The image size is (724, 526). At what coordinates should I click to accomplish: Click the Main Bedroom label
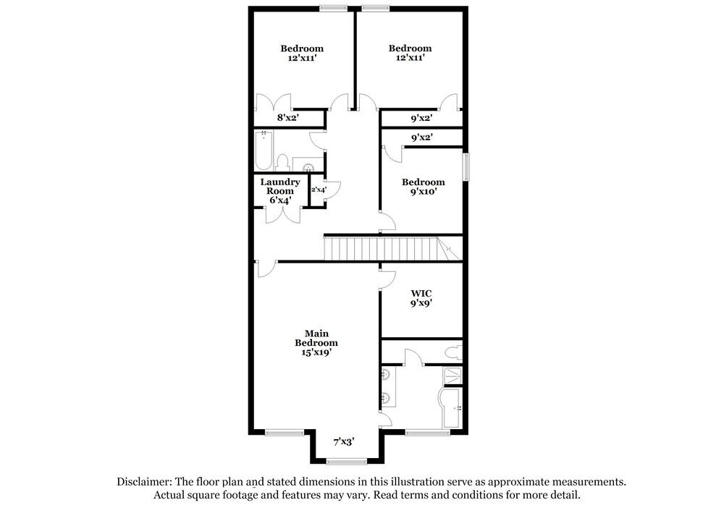coord(316,342)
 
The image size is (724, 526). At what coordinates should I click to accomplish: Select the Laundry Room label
coord(276,191)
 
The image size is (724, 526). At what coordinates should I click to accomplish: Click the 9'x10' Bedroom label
coord(424,187)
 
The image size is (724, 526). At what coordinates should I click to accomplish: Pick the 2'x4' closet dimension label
coord(318,190)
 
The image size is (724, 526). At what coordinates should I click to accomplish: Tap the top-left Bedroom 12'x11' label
coord(302,54)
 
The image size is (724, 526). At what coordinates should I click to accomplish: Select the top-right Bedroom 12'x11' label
coord(410,54)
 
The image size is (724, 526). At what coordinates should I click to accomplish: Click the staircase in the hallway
coord(384,248)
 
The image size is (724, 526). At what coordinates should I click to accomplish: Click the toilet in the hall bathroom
coord(285,164)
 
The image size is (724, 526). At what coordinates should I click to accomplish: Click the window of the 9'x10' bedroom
coord(467,168)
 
